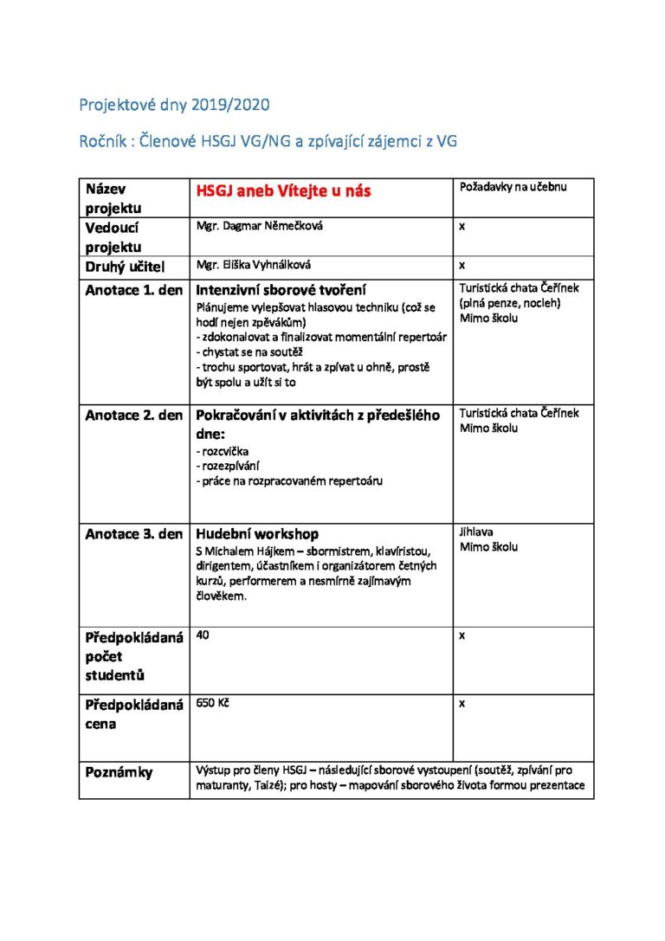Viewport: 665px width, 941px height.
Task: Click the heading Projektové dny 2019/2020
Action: [174, 105]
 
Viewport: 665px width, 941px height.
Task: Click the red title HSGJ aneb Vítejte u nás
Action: [283, 191]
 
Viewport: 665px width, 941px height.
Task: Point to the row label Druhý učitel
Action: [125, 267]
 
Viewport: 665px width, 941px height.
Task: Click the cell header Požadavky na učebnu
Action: [513, 186]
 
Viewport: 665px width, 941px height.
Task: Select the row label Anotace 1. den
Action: [133, 290]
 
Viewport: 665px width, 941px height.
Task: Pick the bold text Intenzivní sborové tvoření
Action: [287, 290]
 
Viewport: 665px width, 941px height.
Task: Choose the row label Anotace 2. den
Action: [133, 415]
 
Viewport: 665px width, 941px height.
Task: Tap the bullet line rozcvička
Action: [223, 451]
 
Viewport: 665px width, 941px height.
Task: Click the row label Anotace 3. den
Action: [133, 534]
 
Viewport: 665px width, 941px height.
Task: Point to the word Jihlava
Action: [476, 532]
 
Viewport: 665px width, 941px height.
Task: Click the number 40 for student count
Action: [203, 635]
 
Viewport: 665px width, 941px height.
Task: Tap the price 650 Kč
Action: [213, 703]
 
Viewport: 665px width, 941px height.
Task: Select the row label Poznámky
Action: [119, 772]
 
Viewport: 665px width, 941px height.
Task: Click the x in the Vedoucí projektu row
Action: [462, 226]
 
